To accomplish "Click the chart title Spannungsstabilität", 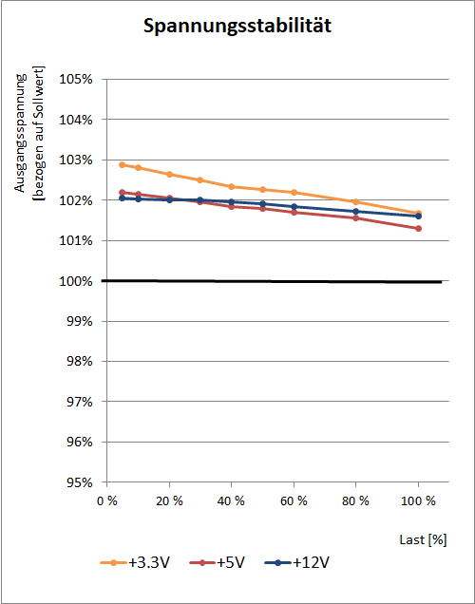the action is tap(237, 27).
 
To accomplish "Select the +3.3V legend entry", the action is tap(135, 563).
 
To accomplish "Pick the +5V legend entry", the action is tap(217, 563).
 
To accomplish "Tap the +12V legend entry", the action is tap(296, 563).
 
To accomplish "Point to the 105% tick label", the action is tap(76, 80).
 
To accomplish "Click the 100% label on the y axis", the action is tap(76, 281).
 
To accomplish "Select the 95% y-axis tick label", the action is tap(80, 482).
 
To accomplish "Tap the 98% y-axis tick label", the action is tap(80, 362).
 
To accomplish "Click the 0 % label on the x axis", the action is tap(107, 501).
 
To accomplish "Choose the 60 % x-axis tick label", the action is tap(294, 501).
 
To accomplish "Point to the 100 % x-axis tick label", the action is tap(418, 501).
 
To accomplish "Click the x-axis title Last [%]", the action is tap(423, 540).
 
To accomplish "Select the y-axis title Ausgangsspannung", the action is tap(20, 133).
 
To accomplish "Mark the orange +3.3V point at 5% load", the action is tap(123, 165).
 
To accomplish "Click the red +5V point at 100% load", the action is tap(418, 229).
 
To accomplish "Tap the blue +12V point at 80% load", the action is tap(356, 212).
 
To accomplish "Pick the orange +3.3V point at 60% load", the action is tap(294, 192).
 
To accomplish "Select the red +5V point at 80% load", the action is tap(356, 218).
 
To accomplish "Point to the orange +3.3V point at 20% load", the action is tap(169, 175).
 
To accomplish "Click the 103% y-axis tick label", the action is tap(76, 160).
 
